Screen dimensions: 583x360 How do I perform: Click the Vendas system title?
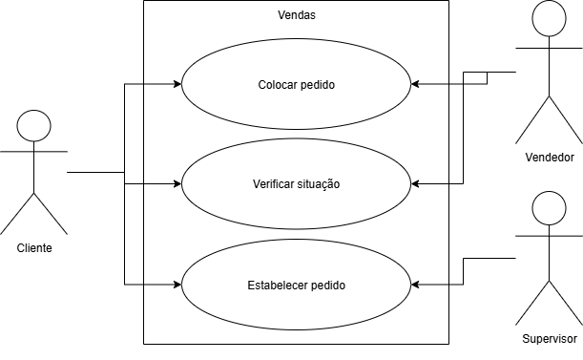297,15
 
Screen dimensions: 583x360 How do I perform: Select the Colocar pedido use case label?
297,85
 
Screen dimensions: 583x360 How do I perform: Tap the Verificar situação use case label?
297,184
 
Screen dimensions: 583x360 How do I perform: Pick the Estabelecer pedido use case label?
297,286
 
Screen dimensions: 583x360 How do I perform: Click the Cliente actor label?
34,248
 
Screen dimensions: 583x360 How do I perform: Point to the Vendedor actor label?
550,158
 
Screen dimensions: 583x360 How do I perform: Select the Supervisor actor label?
550,339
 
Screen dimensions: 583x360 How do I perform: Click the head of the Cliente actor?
33,126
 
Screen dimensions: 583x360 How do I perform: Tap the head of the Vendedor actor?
550,18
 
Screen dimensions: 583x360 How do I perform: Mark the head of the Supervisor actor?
550,208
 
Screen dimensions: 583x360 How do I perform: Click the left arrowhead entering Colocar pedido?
177,84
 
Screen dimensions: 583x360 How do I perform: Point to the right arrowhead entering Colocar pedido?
415,84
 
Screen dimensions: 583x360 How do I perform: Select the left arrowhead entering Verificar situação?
177,183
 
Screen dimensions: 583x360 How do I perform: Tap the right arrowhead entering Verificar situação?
415,183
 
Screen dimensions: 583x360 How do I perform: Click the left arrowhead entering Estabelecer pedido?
177,285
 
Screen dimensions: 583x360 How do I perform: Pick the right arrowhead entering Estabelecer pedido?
415,285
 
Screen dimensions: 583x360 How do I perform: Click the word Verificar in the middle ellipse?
270,184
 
